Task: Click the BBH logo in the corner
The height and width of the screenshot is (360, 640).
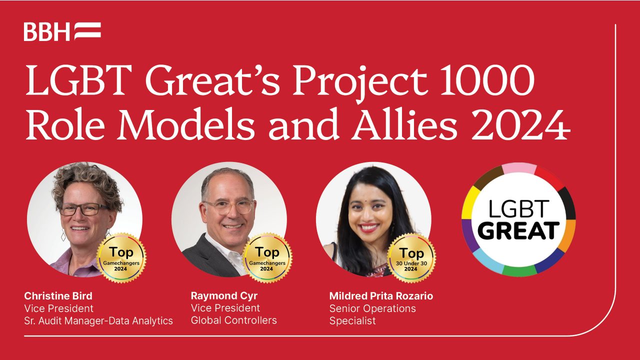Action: [62, 31]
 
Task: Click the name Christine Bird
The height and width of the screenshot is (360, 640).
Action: [58, 296]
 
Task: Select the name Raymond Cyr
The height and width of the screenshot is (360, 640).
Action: [224, 296]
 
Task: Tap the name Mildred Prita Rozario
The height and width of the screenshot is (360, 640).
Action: [381, 296]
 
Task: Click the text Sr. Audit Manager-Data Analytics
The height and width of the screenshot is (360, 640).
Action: [98, 321]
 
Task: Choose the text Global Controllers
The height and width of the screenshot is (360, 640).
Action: [233, 320]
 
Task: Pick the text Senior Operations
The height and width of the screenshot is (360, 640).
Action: [372, 308]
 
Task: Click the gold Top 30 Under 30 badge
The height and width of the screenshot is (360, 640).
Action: [411, 258]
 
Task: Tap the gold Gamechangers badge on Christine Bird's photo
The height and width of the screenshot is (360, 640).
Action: [121, 258]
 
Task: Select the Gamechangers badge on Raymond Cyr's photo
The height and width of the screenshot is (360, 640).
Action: [267, 258]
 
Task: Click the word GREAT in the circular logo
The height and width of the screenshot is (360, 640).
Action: [518, 230]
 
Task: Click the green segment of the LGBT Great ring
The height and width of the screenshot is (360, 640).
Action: [519, 270]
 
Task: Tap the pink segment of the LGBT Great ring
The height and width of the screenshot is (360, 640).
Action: [519, 168]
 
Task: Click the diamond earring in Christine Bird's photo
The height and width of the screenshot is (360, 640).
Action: [63, 235]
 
